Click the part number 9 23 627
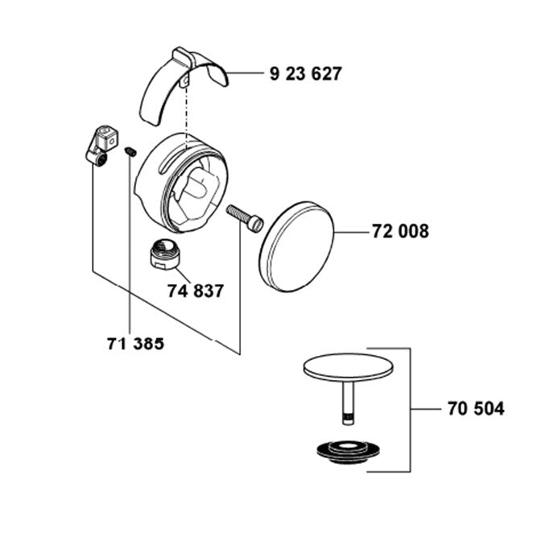click(x=306, y=73)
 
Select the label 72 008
click(x=401, y=231)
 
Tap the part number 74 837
click(x=196, y=291)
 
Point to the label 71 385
click(x=135, y=344)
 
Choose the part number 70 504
click(x=476, y=408)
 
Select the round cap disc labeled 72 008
click(x=296, y=247)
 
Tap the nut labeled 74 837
click(x=166, y=255)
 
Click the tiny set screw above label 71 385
click(x=130, y=151)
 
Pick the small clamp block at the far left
click(x=101, y=145)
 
